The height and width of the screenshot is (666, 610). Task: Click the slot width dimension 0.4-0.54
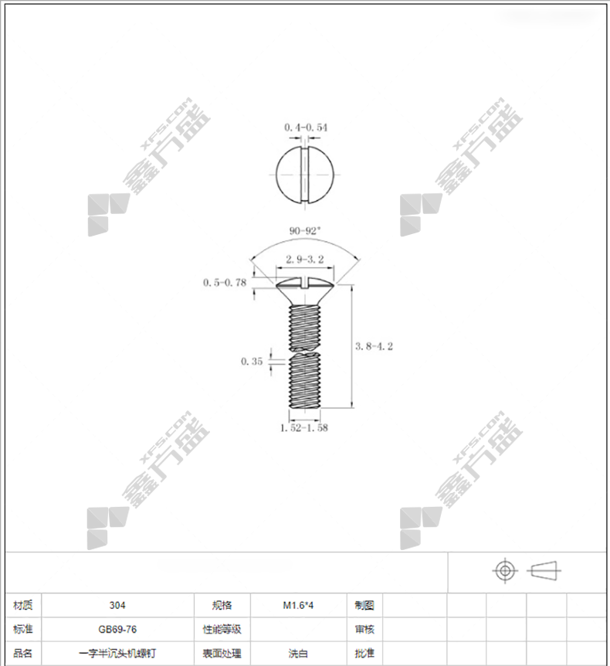pyautogui.click(x=306, y=127)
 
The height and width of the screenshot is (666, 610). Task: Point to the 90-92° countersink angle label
pyautogui.click(x=305, y=231)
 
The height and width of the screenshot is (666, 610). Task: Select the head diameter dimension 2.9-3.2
pyautogui.click(x=305, y=259)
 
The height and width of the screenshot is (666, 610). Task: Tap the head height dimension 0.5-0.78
pyautogui.click(x=225, y=283)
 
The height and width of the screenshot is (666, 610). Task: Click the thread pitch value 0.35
pyautogui.click(x=252, y=362)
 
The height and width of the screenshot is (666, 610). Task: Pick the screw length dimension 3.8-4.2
pyautogui.click(x=374, y=346)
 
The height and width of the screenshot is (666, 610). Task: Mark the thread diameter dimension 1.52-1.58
pyautogui.click(x=304, y=428)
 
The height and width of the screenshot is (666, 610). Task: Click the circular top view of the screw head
pyautogui.click(x=305, y=174)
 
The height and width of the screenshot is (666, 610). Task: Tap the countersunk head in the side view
pyautogui.click(x=305, y=291)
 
